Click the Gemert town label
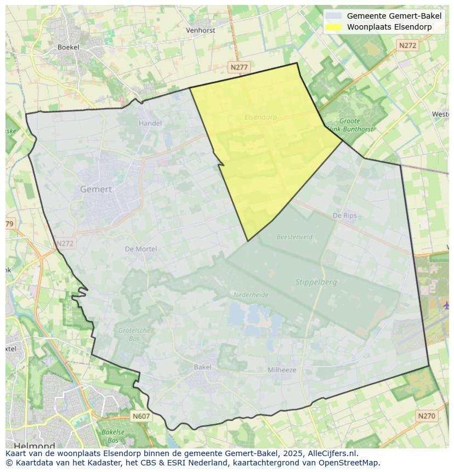pyautogui.click(x=96, y=189)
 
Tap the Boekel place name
pyautogui.click(x=69, y=47)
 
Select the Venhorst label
pyautogui.click(x=201, y=31)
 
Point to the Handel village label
pyautogui.click(x=150, y=123)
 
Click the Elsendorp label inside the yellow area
pyautogui.click(x=260, y=117)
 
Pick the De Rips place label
pyautogui.click(x=345, y=215)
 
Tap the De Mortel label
pyautogui.click(x=141, y=249)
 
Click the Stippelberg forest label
pyautogui.click(x=316, y=282)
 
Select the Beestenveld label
pyautogui.click(x=294, y=237)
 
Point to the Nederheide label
pyautogui.click(x=251, y=295)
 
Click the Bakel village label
pyautogui.click(x=203, y=367)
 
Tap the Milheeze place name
pyautogui.click(x=282, y=370)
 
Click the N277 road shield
pyautogui.click(x=239, y=67)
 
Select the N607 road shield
pyautogui.click(x=141, y=417)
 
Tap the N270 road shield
pyautogui.click(x=427, y=416)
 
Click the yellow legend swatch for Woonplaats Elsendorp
pyautogui.click(x=333, y=27)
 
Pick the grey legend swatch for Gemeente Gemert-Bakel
pyautogui.click(x=333, y=16)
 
